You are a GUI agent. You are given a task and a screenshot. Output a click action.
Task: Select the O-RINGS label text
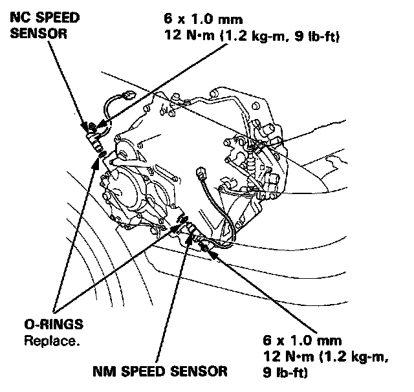[x=43, y=323]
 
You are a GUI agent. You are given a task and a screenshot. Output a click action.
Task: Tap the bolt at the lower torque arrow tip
[x=206, y=246]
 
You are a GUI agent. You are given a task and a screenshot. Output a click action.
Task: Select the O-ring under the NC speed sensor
[x=100, y=152]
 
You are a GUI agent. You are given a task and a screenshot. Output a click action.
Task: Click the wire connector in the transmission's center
[x=201, y=175]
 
